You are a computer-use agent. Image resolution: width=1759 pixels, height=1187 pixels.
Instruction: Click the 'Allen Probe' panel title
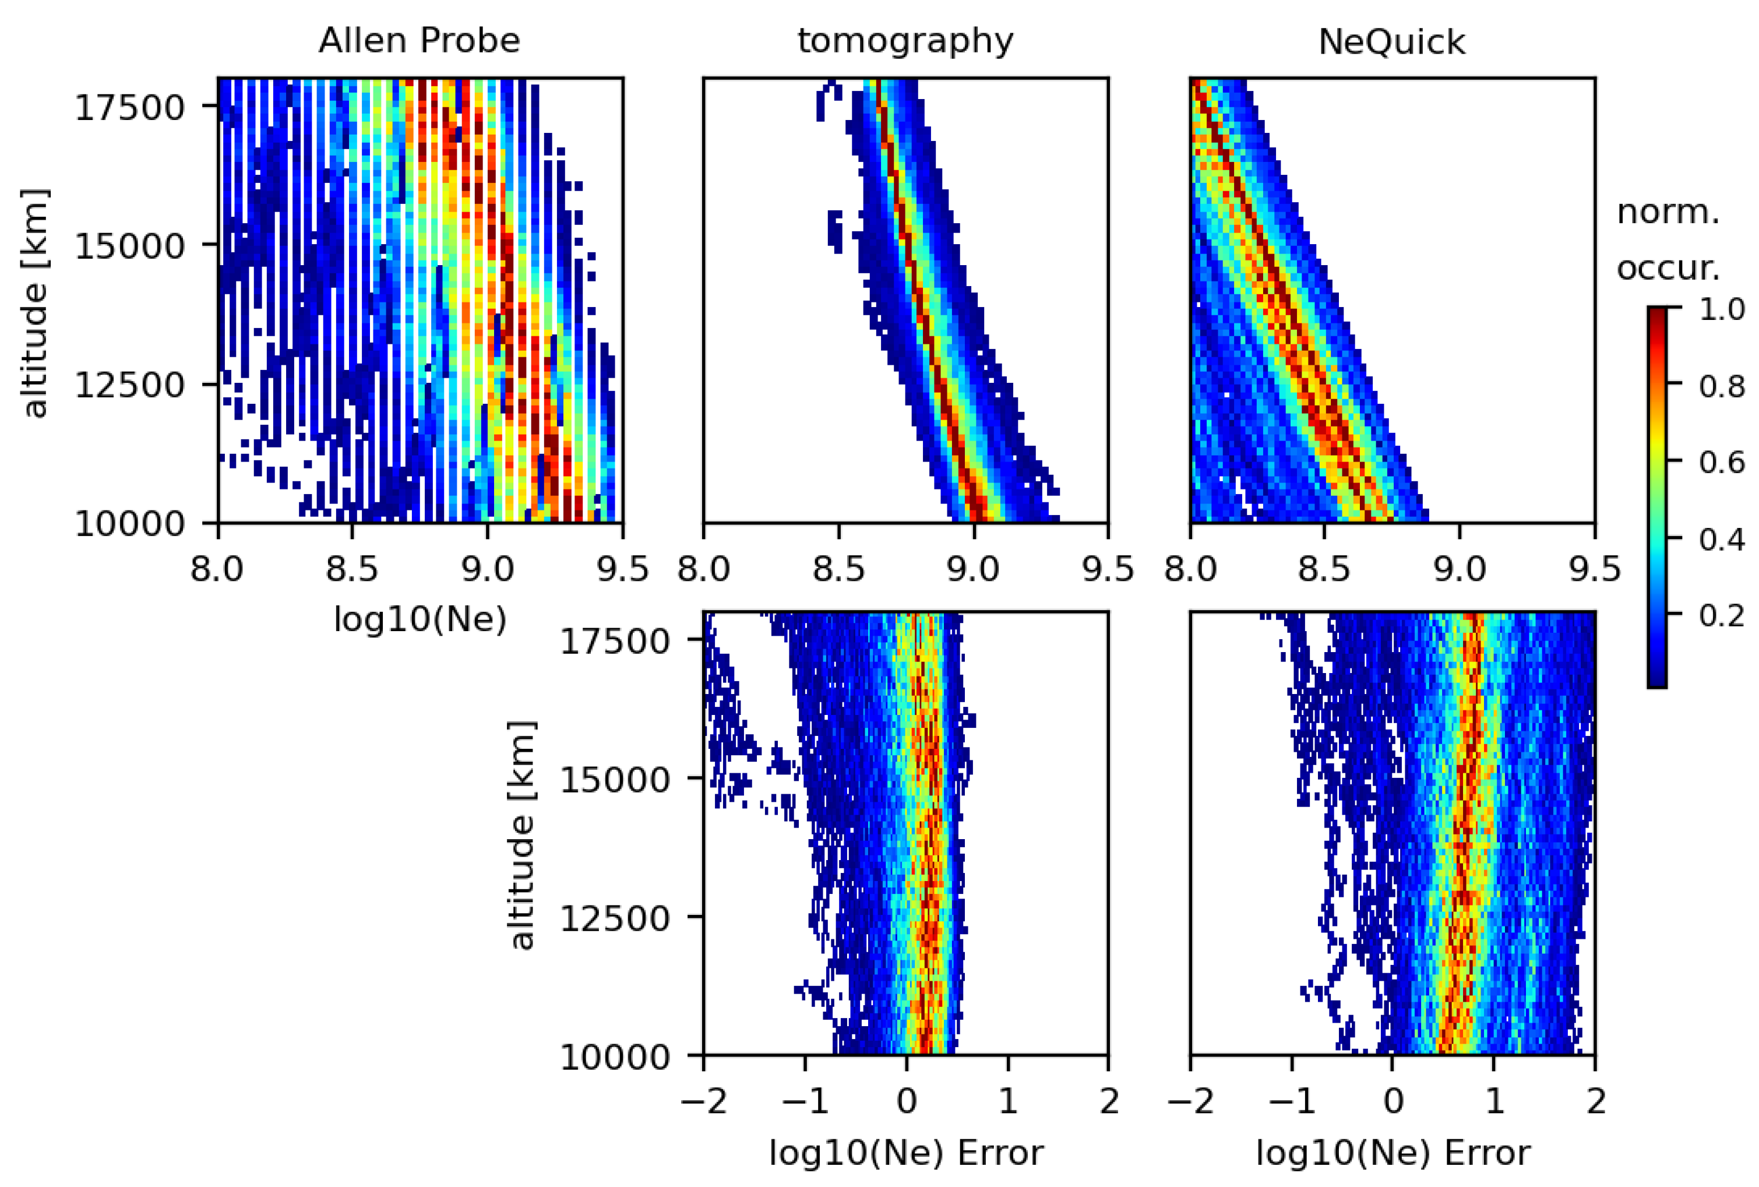420,41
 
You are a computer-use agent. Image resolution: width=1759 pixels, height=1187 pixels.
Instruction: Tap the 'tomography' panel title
905,41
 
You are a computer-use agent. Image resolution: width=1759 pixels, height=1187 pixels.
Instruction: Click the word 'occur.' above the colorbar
1668,268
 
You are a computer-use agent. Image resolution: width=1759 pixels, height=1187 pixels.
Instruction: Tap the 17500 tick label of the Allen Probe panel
129,107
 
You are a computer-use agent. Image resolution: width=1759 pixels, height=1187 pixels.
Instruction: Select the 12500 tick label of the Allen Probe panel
129,385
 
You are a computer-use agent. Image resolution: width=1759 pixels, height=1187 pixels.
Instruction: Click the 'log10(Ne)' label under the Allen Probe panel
420,619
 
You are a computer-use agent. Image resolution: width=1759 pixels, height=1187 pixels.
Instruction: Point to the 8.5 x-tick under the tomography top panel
838,569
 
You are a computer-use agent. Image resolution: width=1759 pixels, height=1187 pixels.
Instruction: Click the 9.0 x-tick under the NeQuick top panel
1460,569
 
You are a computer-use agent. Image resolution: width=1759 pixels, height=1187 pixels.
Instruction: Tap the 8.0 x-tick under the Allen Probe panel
218,569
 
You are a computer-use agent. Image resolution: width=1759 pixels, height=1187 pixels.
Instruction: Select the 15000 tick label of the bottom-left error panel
615,779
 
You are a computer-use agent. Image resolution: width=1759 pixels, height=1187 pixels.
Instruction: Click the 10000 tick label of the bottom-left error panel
615,1057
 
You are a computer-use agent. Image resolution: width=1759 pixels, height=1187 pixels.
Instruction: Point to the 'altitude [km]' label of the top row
35,303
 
